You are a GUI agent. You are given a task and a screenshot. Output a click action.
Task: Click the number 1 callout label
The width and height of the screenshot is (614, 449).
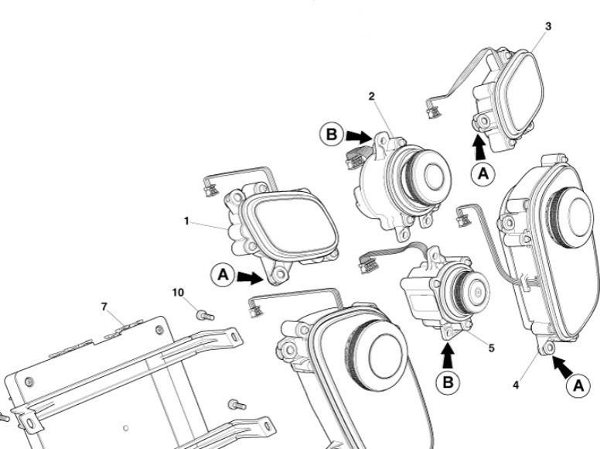tap(186, 221)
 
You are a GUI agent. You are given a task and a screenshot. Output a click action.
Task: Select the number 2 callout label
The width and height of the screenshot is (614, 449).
tap(371, 95)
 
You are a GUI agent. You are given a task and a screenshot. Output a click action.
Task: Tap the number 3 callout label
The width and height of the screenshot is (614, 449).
tap(547, 26)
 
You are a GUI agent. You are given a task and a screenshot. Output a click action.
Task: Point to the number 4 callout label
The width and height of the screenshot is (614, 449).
tap(517, 385)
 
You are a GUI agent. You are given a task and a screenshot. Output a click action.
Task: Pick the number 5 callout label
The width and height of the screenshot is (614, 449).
tap(491, 348)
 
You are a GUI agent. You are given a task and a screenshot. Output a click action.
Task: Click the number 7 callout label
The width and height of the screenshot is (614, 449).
tap(104, 307)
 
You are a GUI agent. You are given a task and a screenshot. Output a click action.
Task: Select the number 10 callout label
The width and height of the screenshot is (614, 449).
tap(178, 292)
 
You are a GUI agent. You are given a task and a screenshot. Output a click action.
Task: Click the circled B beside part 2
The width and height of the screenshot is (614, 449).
tap(331, 134)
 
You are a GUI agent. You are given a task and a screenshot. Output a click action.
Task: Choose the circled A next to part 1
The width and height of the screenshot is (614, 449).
tap(222, 272)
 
